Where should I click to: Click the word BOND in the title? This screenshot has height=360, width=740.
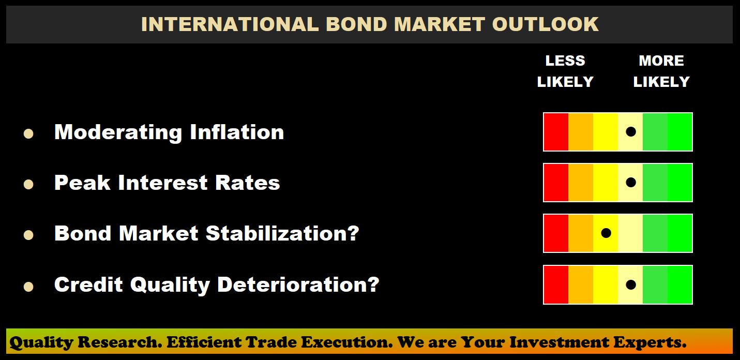click(x=356, y=24)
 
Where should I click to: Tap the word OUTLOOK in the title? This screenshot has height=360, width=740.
click(x=545, y=24)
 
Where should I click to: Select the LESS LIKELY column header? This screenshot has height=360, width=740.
click(x=565, y=71)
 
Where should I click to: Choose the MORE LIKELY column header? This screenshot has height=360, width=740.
click(x=661, y=71)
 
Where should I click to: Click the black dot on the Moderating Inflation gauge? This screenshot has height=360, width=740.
click(x=631, y=131)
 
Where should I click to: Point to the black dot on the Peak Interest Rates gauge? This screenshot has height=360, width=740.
click(x=631, y=182)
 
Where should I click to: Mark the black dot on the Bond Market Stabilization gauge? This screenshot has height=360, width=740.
click(x=606, y=233)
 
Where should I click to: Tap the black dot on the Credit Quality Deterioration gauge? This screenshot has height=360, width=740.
click(x=631, y=284)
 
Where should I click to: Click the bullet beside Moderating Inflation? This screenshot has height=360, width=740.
click(x=28, y=133)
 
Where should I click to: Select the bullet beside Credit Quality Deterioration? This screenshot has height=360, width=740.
click(x=28, y=286)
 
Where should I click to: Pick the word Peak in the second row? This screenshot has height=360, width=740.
click(x=82, y=183)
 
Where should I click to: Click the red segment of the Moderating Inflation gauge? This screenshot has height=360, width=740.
click(x=556, y=132)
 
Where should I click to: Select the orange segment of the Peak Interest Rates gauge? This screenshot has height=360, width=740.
click(x=581, y=183)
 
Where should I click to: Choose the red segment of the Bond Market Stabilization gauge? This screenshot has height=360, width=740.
click(x=556, y=233)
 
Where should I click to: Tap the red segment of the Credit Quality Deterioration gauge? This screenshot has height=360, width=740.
click(x=556, y=284)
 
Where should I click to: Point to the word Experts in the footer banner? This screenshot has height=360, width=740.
click(x=650, y=342)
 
